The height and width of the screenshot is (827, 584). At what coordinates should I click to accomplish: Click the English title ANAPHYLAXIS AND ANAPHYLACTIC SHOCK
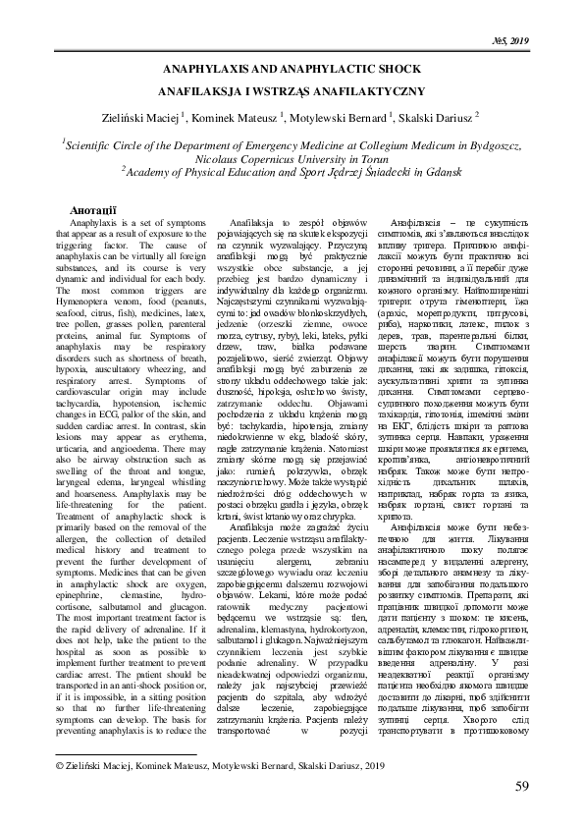(x=292, y=72)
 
